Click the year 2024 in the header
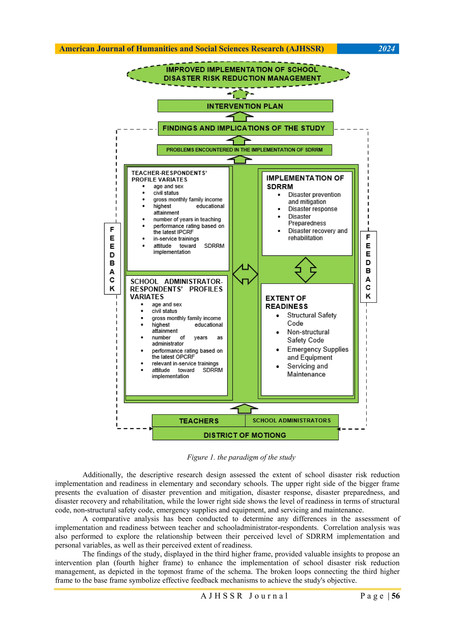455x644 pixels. tap(386, 49)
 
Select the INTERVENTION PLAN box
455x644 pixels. tap(245, 106)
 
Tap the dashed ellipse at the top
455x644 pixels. tap(238, 74)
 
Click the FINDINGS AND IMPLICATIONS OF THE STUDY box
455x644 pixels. tap(245, 128)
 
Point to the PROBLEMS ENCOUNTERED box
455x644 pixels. tap(244, 150)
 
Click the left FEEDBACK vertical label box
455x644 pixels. tap(112, 259)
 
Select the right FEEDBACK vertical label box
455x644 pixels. tap(368, 267)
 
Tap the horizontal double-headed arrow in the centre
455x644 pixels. tap(245, 274)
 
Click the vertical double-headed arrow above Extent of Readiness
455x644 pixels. tap(305, 270)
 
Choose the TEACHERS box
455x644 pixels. tap(199, 421)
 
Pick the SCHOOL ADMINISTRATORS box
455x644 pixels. tap(291, 420)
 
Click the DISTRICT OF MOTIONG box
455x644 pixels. tap(245, 435)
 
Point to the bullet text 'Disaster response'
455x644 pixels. tap(313, 209)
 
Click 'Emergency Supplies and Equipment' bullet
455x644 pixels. tap(318, 353)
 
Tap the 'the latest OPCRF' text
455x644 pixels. tap(173, 357)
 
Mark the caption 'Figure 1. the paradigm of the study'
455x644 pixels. tap(241, 457)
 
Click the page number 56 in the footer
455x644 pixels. tap(395, 596)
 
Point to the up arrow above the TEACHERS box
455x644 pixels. tap(244, 409)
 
